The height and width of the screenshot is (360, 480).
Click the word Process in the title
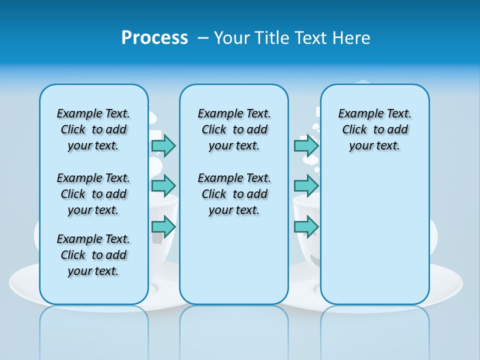click(154, 38)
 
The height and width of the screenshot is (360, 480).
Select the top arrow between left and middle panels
click(163, 145)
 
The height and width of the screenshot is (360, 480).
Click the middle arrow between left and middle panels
click(163, 186)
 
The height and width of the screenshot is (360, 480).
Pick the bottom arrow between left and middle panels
click(163, 226)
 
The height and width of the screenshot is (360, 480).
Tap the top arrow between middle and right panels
click(306, 145)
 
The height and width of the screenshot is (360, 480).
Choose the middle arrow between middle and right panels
click(306, 186)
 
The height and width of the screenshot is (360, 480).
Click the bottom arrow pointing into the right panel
click(306, 226)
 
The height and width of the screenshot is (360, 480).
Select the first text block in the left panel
click(93, 129)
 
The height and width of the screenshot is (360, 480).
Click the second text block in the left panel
click(93, 194)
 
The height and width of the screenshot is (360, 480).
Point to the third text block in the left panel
click(93, 255)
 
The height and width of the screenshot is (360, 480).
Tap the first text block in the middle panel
click(234, 129)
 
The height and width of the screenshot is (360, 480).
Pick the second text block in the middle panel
click(234, 194)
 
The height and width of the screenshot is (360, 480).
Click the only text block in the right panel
click(374, 129)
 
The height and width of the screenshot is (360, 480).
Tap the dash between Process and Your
click(203, 38)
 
